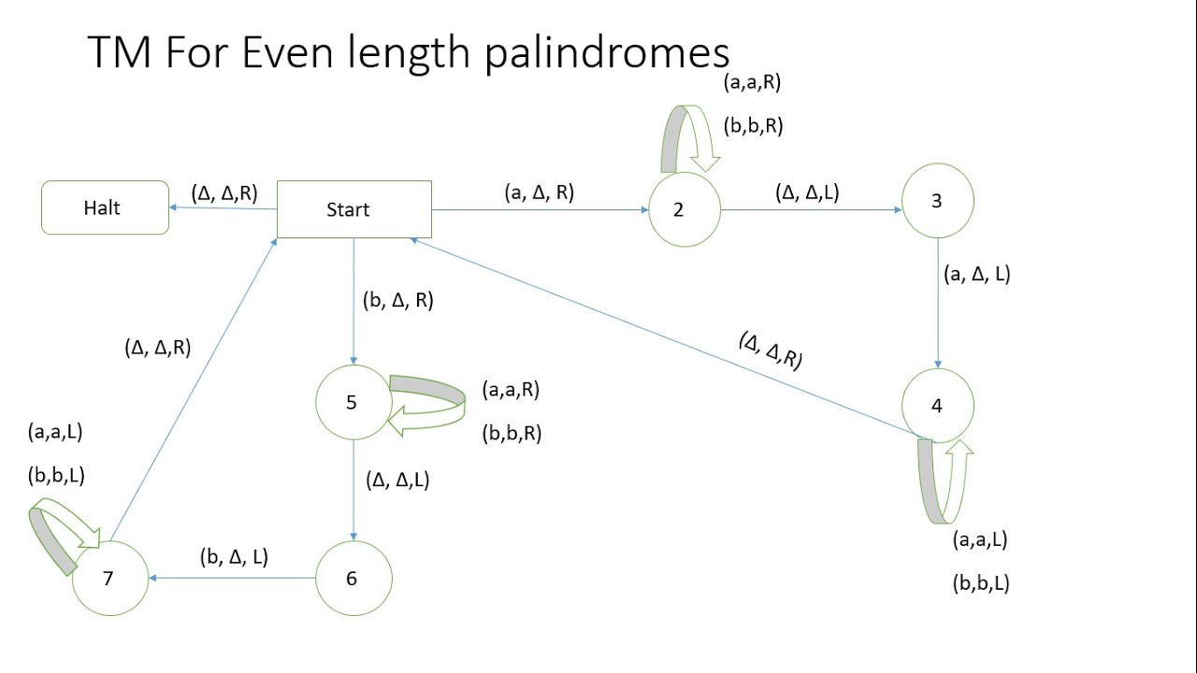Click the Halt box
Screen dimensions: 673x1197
click(105, 208)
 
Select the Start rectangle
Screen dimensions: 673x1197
click(354, 209)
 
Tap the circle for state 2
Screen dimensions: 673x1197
click(684, 209)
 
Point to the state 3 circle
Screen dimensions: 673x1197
click(937, 201)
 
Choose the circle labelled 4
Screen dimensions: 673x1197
click(937, 406)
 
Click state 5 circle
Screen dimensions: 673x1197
click(353, 402)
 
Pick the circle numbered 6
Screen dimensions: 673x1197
click(353, 579)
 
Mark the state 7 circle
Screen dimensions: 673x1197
click(109, 579)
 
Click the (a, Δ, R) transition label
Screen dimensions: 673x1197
click(539, 193)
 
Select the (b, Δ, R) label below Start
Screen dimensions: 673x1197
click(397, 301)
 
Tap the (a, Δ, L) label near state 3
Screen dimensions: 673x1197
click(976, 274)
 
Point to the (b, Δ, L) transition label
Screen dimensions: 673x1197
click(234, 557)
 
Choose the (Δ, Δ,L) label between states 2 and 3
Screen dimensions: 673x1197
click(807, 193)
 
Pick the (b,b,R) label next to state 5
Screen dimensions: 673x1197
click(512, 434)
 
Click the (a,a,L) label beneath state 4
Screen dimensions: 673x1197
click(979, 539)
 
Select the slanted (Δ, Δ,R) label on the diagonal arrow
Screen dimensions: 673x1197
click(771, 351)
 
